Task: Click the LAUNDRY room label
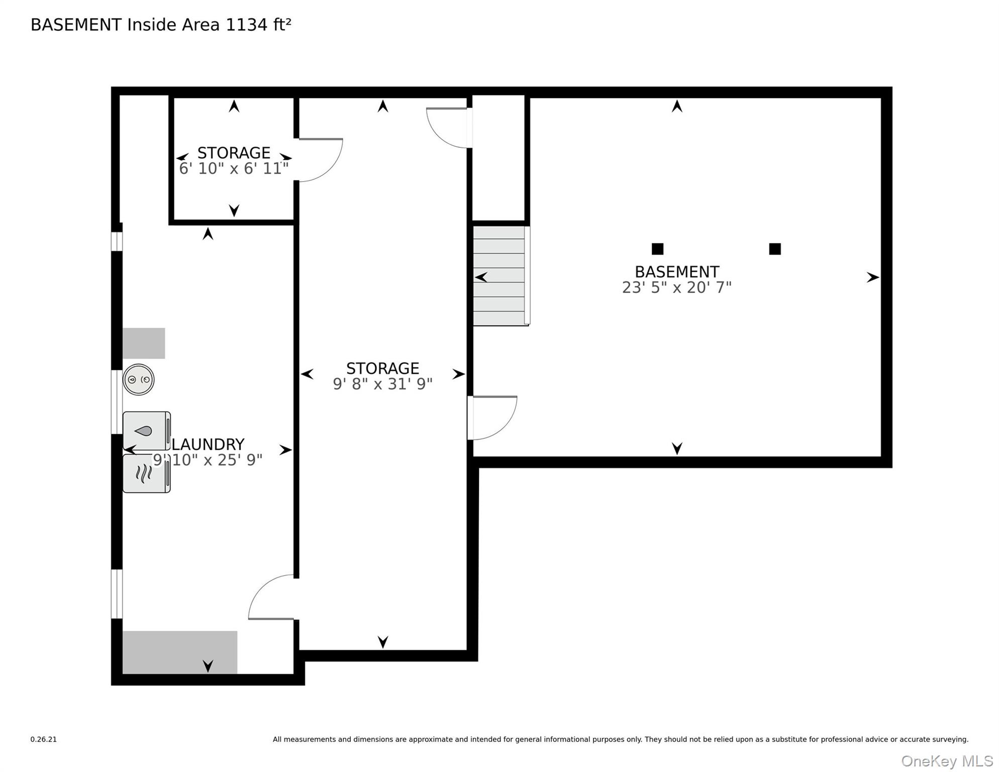[x=208, y=444]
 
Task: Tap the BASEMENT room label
[x=677, y=272]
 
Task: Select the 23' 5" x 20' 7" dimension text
[x=677, y=287]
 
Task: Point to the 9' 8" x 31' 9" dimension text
[x=382, y=384]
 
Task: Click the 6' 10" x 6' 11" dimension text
[x=234, y=168]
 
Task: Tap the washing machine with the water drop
[x=147, y=431]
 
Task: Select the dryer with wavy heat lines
[x=147, y=473]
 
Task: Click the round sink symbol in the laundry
[x=139, y=379]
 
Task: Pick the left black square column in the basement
[x=657, y=249]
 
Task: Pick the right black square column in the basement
[x=775, y=249]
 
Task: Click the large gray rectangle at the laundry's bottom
[x=180, y=652]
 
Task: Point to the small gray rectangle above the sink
[x=144, y=343]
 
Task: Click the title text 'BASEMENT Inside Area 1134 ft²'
[x=161, y=25]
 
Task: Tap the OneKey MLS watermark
[x=947, y=761]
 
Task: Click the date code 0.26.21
[x=44, y=739]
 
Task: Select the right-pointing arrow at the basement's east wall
[x=873, y=277]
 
